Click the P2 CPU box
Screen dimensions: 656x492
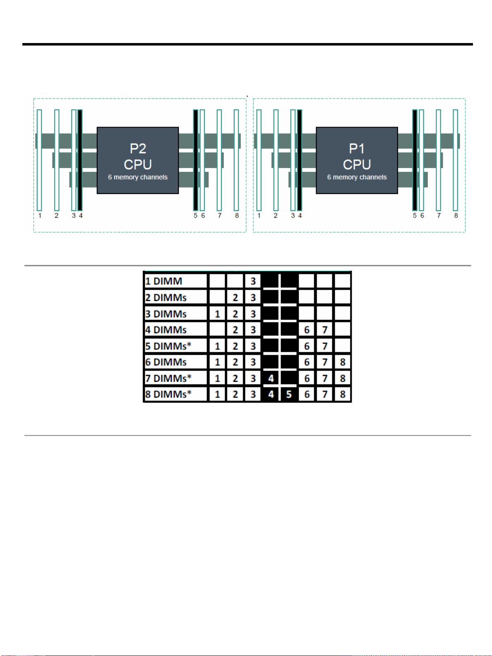[x=138, y=160]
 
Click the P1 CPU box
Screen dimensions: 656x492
[x=357, y=160]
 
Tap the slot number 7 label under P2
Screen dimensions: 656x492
[x=220, y=216]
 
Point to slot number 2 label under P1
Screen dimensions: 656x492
[x=276, y=216]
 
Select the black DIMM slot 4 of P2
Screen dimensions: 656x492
[x=80, y=160]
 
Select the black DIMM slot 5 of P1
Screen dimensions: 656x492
[x=415, y=160]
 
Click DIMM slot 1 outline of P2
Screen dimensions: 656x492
[x=39, y=160]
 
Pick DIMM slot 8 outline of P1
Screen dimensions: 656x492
[x=456, y=160]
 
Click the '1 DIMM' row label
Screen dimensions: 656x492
[x=164, y=281]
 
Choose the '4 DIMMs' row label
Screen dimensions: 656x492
[x=166, y=330]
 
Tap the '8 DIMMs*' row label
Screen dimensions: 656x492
[x=168, y=394]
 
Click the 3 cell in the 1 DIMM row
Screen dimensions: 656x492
[x=253, y=281]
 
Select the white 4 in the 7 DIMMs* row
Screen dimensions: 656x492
[x=271, y=378]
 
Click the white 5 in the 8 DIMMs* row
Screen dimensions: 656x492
[x=289, y=394]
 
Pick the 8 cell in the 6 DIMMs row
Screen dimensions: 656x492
[x=343, y=362]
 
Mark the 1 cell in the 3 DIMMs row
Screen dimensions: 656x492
[x=217, y=314]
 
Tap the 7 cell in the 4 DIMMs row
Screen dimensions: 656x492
[x=325, y=330]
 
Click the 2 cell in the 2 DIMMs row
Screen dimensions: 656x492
[x=235, y=298]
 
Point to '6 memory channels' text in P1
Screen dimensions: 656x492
[x=357, y=177]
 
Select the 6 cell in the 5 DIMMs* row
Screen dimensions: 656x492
[x=307, y=346]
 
